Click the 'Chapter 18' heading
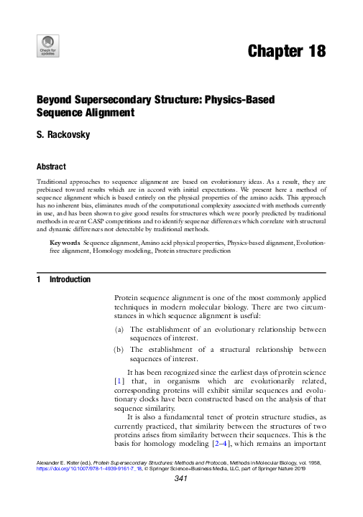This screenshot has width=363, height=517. (287, 52)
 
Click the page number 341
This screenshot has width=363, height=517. (181, 500)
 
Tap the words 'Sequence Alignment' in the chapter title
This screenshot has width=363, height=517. (86, 113)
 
